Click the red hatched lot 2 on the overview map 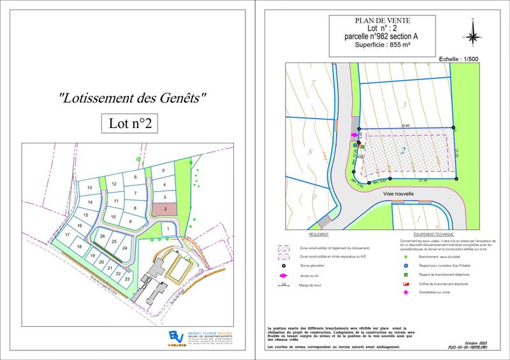[166, 208]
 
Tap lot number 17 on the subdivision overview [67, 235]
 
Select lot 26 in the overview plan [103, 236]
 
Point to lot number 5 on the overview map [163, 171]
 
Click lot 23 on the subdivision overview [127, 278]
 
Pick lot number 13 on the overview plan [90, 187]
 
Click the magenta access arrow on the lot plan [354, 135]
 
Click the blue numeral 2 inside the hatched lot [404, 151]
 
